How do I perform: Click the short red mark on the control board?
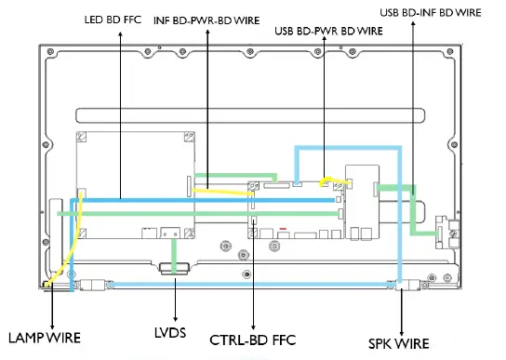[281, 227]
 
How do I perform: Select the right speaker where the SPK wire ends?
[402, 285]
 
